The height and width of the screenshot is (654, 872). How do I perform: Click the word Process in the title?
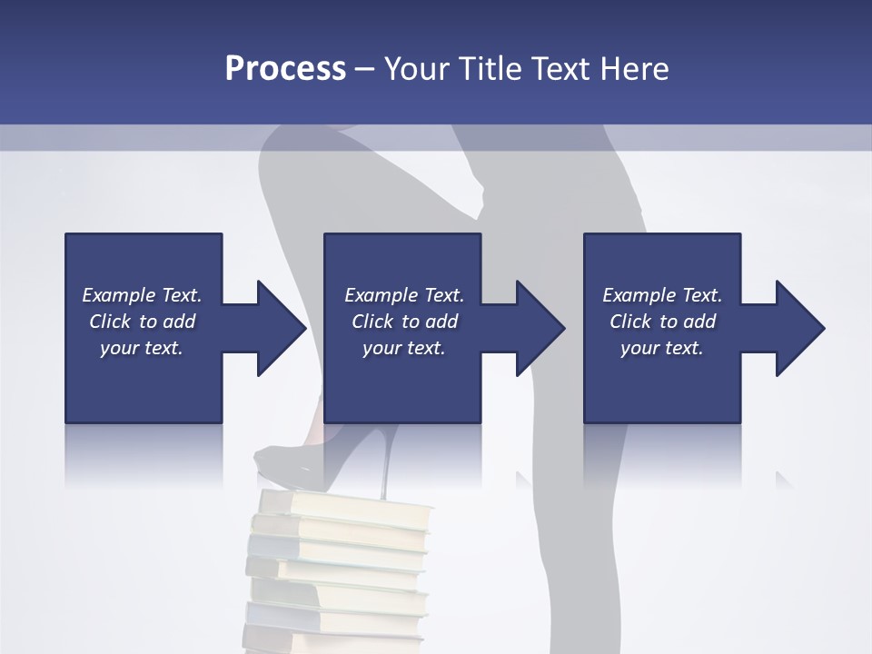point(285,68)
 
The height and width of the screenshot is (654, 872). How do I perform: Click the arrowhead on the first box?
point(278,328)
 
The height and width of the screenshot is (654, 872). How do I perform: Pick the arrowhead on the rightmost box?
point(798,328)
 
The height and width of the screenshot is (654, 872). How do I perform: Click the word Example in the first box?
point(119,295)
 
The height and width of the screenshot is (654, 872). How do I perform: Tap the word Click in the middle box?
point(372,322)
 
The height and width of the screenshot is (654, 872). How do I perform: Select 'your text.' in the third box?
point(662,348)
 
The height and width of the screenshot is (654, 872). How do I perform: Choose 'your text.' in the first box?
point(142,348)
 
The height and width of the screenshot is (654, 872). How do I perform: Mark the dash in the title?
point(365,69)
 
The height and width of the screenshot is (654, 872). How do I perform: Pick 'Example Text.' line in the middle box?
point(404,295)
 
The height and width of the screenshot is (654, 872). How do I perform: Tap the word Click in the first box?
point(110,322)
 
